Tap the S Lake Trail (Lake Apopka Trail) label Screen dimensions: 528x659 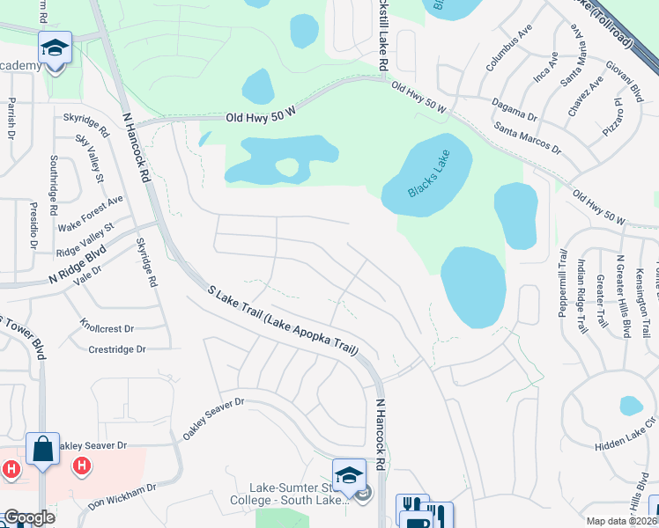tap(283, 320)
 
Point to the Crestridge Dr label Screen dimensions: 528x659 tap(116, 349)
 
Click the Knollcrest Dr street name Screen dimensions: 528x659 tap(106, 326)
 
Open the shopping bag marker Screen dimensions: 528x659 tap(42, 449)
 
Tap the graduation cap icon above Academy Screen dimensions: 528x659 tap(55, 47)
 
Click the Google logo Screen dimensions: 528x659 tap(29, 517)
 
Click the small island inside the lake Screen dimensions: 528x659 tap(287, 166)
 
